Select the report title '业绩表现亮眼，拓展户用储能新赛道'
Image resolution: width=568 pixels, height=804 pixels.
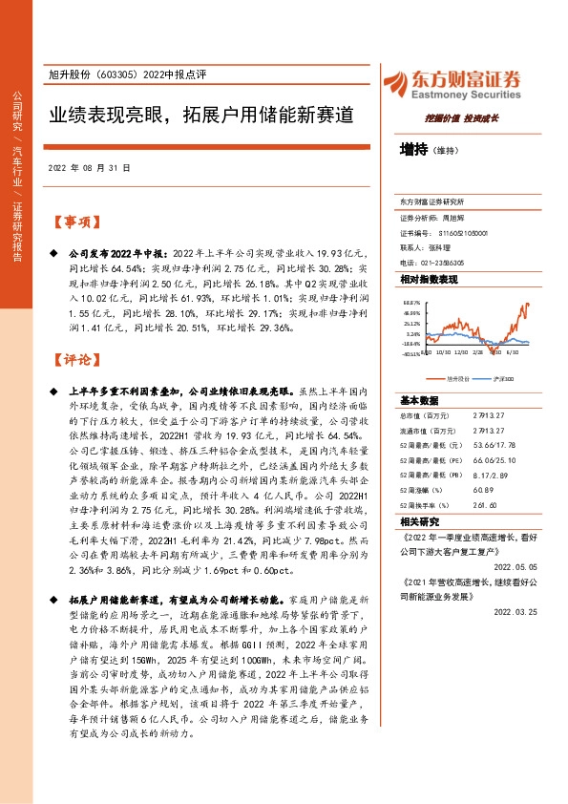[x=202, y=116]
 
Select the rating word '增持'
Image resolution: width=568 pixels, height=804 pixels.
[x=414, y=150]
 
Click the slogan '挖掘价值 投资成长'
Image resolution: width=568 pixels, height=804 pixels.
[x=456, y=121]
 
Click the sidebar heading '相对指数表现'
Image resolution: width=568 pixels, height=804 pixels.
[x=429, y=279]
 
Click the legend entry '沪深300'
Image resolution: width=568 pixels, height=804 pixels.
[x=502, y=378]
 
